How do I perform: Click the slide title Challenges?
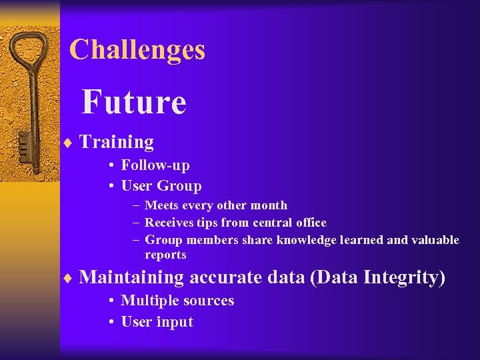coord(137,50)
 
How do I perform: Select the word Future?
coord(133,102)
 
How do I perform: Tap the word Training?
coord(117,142)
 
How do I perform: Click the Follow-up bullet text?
coord(155,165)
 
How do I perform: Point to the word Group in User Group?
coord(179,186)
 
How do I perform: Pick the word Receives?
coord(170,223)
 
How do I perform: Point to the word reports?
coord(165,255)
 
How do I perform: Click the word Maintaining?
coord(131,277)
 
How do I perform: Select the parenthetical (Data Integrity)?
coord(378,277)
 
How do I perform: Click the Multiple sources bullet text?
coord(177,301)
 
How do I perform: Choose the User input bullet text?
coord(157,322)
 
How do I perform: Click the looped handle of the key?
coord(29,53)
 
